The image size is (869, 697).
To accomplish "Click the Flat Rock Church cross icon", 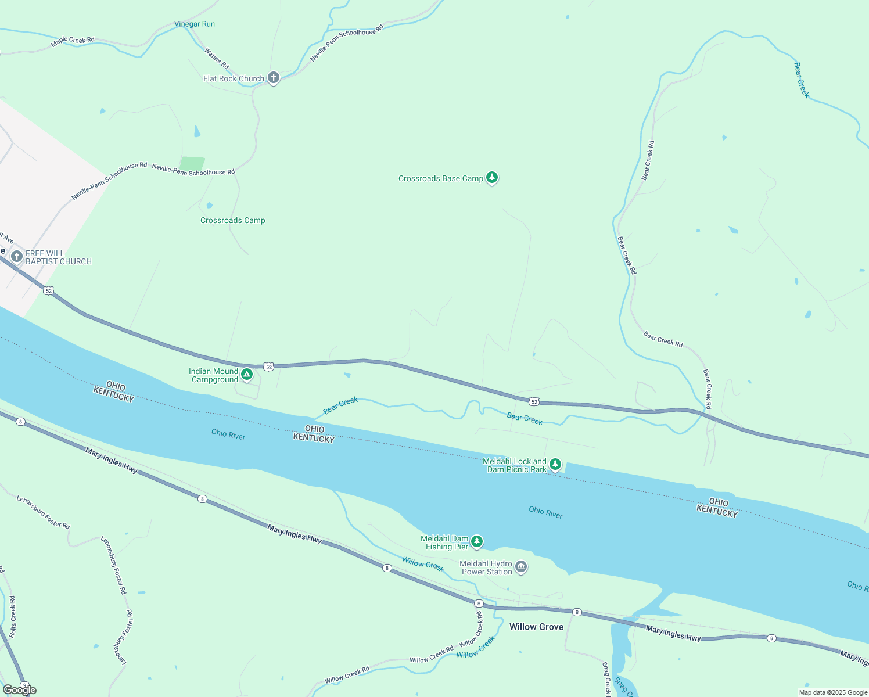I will [x=274, y=78].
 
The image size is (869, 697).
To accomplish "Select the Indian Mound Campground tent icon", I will [x=247, y=375].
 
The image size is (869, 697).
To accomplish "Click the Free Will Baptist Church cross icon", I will [x=17, y=256].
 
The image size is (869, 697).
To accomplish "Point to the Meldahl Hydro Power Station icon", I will [x=521, y=567].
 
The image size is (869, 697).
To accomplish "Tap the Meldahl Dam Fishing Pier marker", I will [x=477, y=541].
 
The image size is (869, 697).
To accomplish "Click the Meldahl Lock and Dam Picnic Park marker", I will [x=555, y=464].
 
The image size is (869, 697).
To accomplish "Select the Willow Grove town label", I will [x=536, y=627].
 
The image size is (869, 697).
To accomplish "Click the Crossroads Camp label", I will [x=232, y=220].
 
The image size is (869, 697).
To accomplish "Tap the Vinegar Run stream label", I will [x=195, y=24].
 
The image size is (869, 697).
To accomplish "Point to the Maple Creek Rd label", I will [x=73, y=41].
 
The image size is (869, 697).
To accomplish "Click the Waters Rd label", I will [x=216, y=58].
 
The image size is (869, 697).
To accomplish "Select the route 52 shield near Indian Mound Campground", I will [x=268, y=367].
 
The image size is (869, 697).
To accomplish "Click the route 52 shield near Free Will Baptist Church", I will [x=49, y=290].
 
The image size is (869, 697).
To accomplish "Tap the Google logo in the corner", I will [x=20, y=690].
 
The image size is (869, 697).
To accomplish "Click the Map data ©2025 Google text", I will [x=833, y=692].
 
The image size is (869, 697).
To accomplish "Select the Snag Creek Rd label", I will [x=606, y=678].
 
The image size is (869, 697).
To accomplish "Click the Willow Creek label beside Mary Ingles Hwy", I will [x=423, y=563].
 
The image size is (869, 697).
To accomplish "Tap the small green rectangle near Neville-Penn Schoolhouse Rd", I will [x=192, y=164].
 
